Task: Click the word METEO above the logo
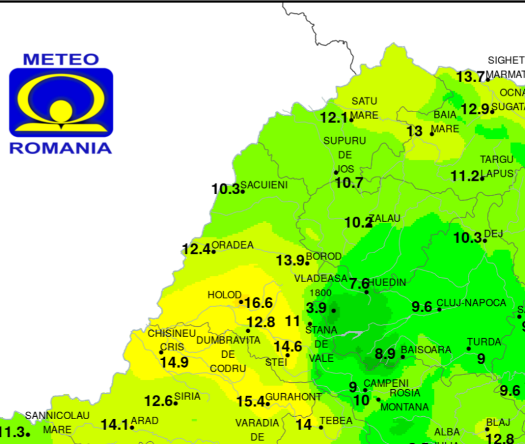tap(61, 59)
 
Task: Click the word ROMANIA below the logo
tap(61, 148)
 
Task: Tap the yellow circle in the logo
tap(61, 109)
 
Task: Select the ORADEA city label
tap(232, 245)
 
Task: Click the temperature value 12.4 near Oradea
tap(196, 250)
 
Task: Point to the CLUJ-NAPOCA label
tap(471, 303)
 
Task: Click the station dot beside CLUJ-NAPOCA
tap(440, 309)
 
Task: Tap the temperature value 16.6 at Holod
tap(258, 303)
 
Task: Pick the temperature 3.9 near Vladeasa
tap(317, 308)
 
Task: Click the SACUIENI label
tap(264, 185)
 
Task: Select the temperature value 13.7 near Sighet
tap(470, 77)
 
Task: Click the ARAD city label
tap(145, 421)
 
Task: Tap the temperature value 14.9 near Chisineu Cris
tap(174, 362)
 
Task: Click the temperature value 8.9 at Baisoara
tap(385, 353)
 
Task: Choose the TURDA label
tap(484, 342)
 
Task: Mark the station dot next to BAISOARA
tap(403, 357)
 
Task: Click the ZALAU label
tap(385, 219)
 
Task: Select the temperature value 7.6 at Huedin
tap(359, 284)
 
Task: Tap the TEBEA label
tap(336, 421)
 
